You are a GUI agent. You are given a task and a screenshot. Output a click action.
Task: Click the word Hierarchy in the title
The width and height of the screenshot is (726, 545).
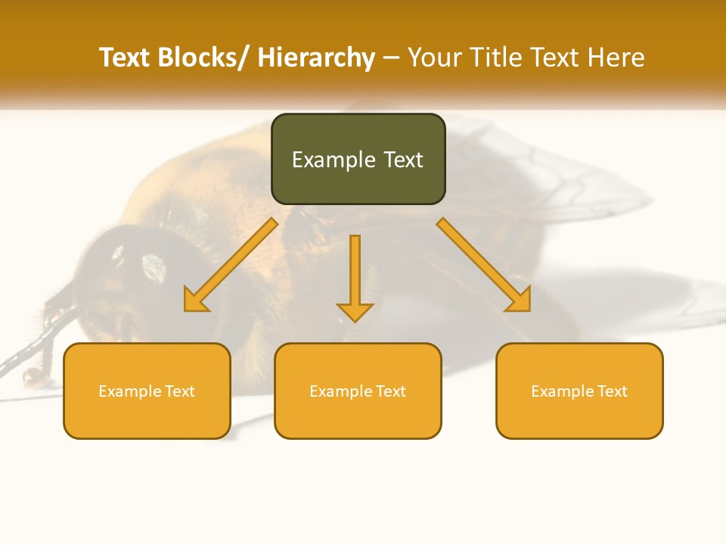[316, 58]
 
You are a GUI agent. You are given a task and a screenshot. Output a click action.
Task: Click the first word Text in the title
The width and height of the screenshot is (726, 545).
[126, 58]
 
